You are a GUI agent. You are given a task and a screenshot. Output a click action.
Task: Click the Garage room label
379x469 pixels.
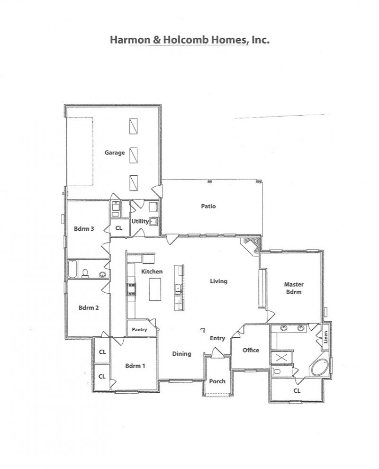point(115,153)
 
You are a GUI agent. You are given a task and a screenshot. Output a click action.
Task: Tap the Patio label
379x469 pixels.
point(208,206)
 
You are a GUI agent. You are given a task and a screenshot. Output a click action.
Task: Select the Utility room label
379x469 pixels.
point(140,221)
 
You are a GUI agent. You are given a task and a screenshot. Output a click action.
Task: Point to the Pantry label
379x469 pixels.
point(139,330)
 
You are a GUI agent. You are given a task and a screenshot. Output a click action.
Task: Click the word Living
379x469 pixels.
point(219,281)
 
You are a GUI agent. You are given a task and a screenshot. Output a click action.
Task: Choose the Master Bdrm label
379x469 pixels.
point(294,288)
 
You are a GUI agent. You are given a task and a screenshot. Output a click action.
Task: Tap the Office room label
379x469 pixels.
point(251,350)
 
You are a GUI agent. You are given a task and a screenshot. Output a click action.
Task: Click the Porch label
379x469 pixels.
point(217,381)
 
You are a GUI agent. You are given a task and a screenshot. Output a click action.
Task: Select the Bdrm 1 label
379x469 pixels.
point(135,366)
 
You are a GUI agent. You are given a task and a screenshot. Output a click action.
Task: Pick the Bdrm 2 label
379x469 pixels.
point(89,308)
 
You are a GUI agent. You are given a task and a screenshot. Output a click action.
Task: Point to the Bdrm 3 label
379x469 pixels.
point(84,229)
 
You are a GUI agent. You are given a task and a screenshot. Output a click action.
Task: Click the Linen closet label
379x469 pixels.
point(326,337)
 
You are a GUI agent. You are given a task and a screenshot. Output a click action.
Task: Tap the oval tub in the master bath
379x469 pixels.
point(320,367)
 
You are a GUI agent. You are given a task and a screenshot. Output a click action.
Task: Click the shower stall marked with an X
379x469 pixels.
point(281,357)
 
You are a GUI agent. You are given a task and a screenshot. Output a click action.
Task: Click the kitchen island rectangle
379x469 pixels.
point(155,289)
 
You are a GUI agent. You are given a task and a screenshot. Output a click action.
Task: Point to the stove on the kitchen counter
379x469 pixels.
point(131,289)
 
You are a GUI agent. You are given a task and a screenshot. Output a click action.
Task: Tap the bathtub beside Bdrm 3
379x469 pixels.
point(72,269)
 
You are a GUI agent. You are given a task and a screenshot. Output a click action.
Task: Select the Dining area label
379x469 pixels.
point(181,354)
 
